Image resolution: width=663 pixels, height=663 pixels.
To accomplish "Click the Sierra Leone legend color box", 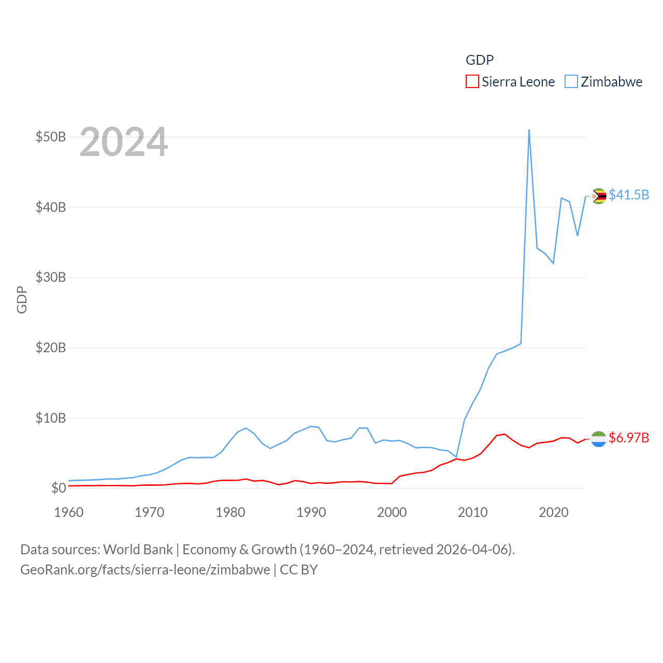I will [x=472, y=82].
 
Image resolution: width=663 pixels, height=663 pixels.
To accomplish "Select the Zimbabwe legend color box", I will [x=571, y=82].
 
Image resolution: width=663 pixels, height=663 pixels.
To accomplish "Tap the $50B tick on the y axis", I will [x=51, y=137].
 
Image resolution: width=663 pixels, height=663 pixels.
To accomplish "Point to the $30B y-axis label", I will [x=51, y=278].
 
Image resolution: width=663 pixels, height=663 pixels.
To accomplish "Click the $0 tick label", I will [x=59, y=488].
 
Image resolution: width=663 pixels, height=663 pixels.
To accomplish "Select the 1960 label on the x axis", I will [x=69, y=513].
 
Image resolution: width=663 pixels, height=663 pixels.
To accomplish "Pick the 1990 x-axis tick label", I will [x=311, y=513].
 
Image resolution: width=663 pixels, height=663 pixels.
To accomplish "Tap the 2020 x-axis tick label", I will [x=554, y=513].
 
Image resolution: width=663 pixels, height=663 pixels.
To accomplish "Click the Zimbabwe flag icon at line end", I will [x=599, y=196].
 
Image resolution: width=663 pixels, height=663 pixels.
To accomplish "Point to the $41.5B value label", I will [x=629, y=195].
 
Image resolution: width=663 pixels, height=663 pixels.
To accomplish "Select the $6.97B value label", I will [x=629, y=438].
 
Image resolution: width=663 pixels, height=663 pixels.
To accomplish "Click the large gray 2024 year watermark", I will [x=124, y=142].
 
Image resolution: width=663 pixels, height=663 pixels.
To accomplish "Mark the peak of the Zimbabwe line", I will [x=529, y=130].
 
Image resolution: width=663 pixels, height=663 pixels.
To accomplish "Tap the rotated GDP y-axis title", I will [x=22, y=299].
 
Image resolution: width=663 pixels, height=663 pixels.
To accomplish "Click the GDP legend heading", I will [x=480, y=60].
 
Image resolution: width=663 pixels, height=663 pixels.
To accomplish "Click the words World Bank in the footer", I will [x=138, y=550].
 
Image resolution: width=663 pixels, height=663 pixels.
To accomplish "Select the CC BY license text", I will [x=299, y=570].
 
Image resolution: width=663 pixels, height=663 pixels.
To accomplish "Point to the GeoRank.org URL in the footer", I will [x=145, y=570].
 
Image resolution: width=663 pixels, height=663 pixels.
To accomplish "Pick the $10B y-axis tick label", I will [x=51, y=418].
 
